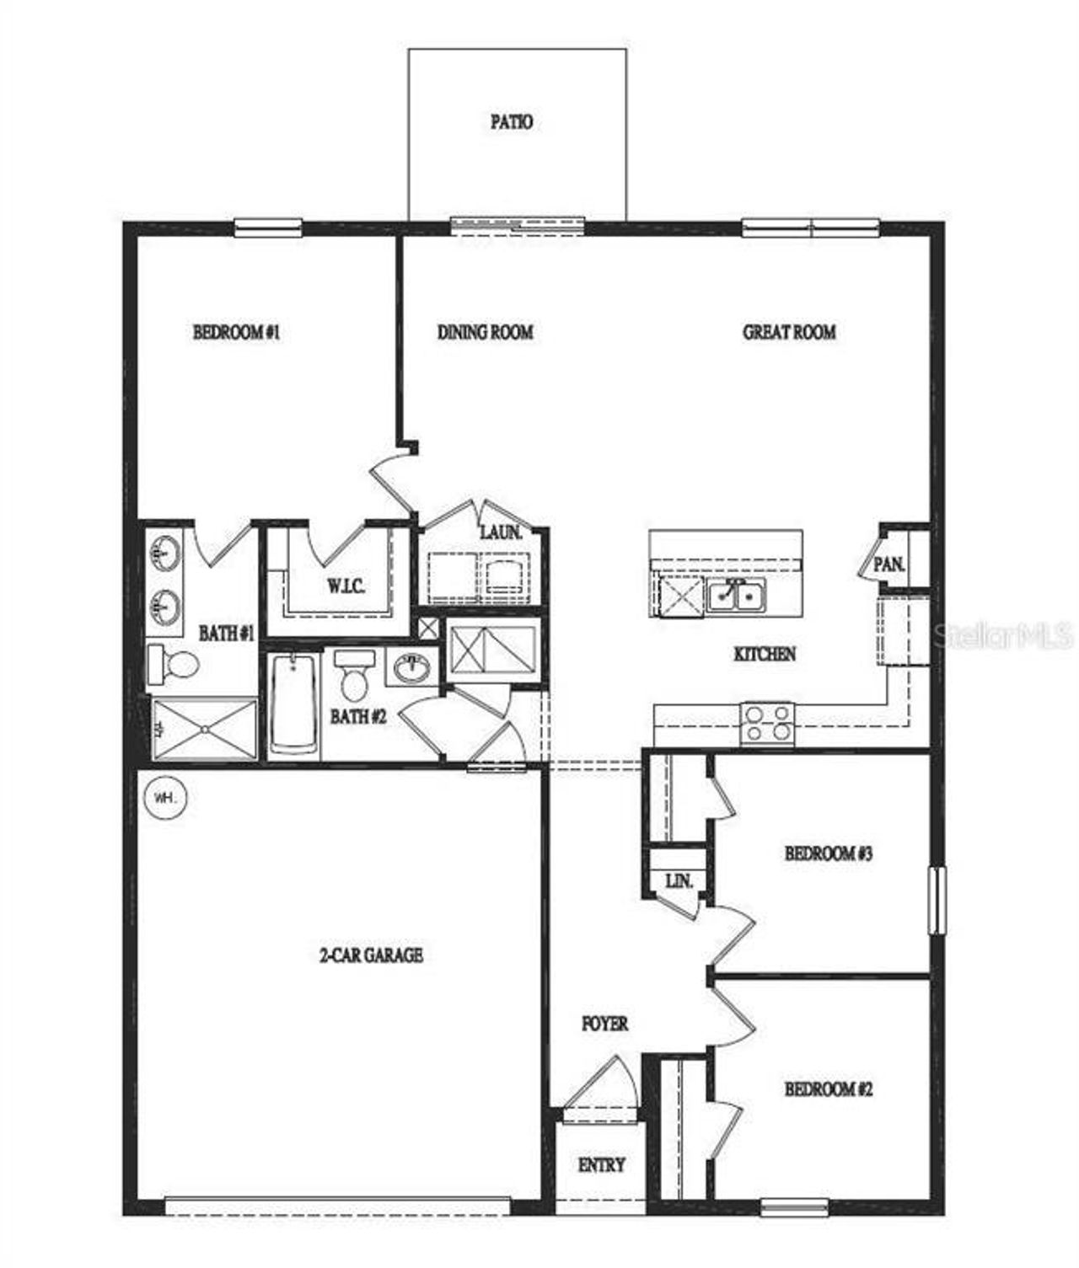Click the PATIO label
click(512, 122)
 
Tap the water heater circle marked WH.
click(165, 796)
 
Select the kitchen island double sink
click(736, 596)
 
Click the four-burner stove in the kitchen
click(767, 724)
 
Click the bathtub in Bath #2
click(294, 704)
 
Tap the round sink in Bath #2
click(411, 669)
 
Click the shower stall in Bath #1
click(205, 729)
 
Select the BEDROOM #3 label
click(828, 853)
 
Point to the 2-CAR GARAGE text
click(371, 955)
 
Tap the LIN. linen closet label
click(679, 881)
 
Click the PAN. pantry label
click(888, 564)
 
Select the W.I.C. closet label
click(346, 586)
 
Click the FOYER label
click(604, 1024)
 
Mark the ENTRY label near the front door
click(602, 1165)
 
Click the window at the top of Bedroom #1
click(267, 225)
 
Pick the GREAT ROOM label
click(789, 332)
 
